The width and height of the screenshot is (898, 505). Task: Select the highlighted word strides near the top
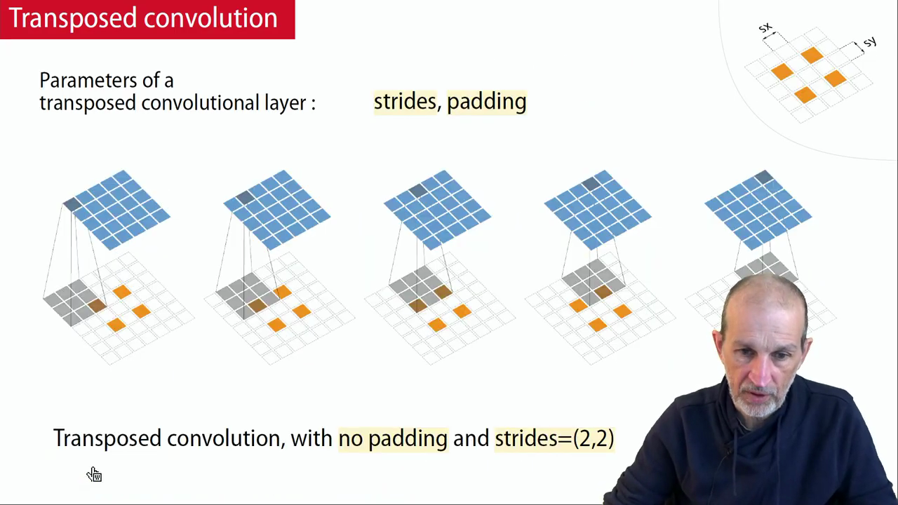click(x=405, y=102)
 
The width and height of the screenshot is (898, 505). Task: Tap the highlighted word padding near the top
click(x=486, y=102)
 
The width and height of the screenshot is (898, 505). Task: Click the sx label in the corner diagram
click(x=765, y=27)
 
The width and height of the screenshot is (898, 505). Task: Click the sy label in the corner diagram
click(x=870, y=41)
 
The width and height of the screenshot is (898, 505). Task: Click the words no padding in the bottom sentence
click(x=393, y=438)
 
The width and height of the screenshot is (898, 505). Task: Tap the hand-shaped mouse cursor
click(x=94, y=474)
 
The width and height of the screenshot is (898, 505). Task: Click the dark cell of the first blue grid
click(x=72, y=203)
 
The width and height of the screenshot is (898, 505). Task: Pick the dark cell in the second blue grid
click(x=246, y=197)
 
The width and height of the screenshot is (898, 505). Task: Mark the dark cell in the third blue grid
click(x=418, y=190)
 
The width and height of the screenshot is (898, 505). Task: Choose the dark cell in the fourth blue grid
click(x=591, y=184)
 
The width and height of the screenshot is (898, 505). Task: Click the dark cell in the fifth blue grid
click(x=764, y=177)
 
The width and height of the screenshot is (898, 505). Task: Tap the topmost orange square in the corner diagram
click(x=812, y=55)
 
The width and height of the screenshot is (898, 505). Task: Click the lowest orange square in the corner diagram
click(x=805, y=95)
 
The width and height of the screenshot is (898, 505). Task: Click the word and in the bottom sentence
click(x=471, y=438)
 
